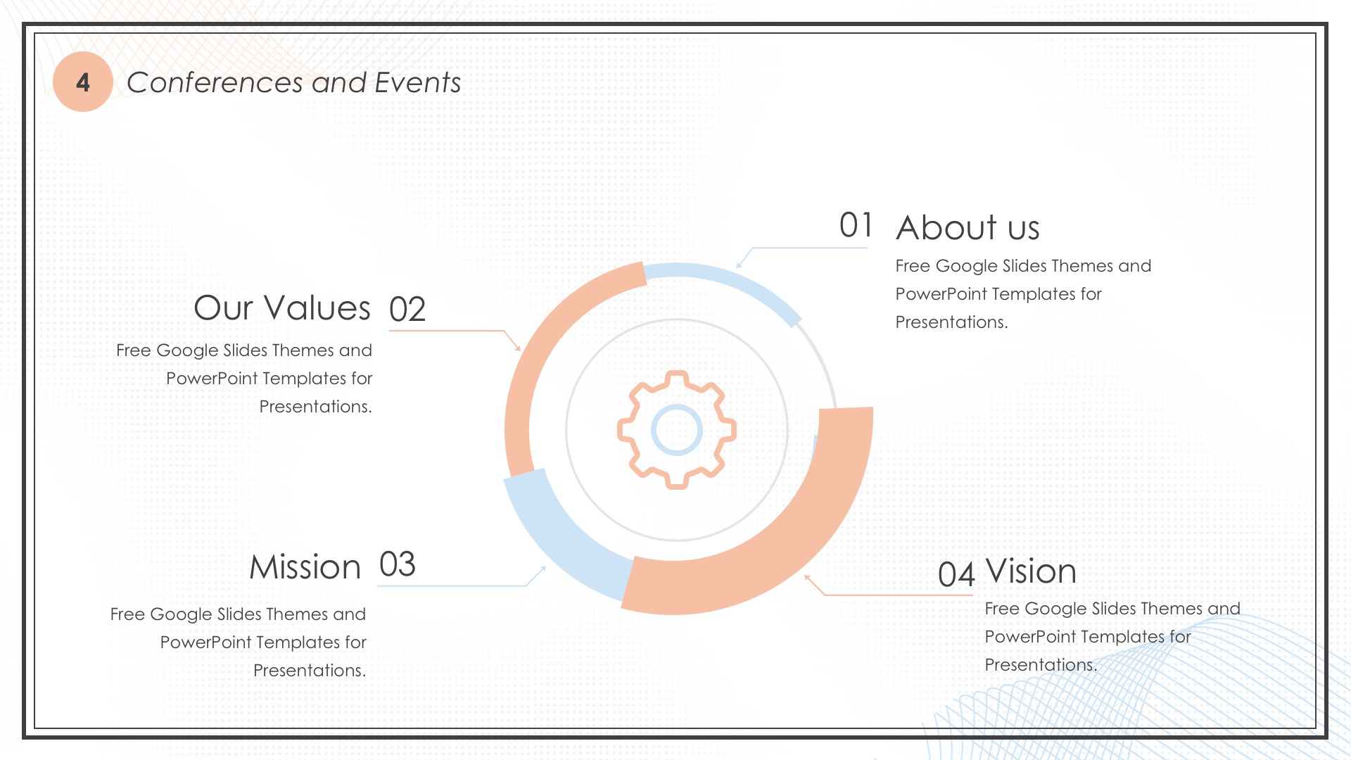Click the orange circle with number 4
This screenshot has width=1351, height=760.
tap(83, 82)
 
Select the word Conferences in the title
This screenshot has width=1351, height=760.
tap(216, 82)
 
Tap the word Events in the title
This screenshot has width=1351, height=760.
tap(418, 82)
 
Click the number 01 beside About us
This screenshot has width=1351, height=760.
tap(856, 225)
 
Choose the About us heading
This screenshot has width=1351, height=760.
tap(968, 227)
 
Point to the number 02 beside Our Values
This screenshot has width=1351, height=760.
tap(407, 309)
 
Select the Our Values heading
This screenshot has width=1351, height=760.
tap(282, 308)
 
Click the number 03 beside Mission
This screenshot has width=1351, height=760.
tap(398, 564)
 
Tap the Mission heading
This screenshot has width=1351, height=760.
tap(305, 567)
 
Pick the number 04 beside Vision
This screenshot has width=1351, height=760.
tap(956, 574)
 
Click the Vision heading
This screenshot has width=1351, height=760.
tap(1031, 571)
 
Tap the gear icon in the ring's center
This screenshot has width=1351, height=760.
tap(677, 430)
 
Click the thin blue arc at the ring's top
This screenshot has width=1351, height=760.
tap(732, 282)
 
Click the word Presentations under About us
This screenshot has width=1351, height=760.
tap(951, 322)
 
